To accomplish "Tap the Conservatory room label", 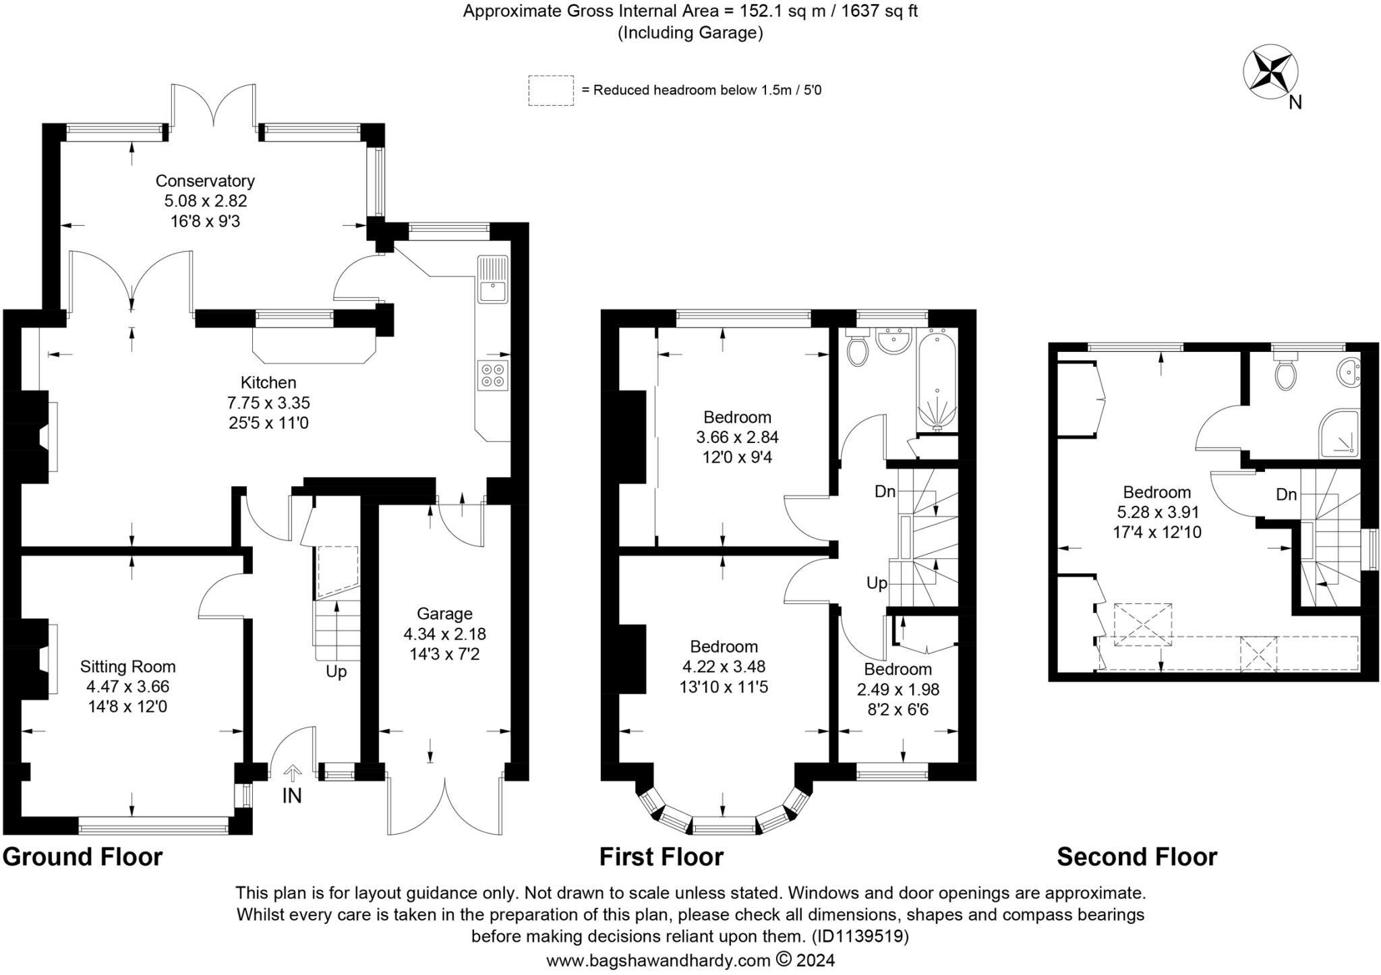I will pyautogui.click(x=205, y=181).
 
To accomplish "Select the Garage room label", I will pyautogui.click(x=444, y=614).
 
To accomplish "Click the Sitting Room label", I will pyautogui.click(x=127, y=667).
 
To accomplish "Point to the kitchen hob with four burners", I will pyautogui.click(x=493, y=376).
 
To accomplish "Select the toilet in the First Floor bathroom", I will pyautogui.click(x=858, y=349).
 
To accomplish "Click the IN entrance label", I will pyautogui.click(x=292, y=796).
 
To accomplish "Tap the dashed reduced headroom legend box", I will pyautogui.click(x=551, y=90).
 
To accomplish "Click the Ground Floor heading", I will pyautogui.click(x=83, y=857).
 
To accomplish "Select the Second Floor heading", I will pyautogui.click(x=1137, y=857).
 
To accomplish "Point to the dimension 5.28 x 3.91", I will pyautogui.click(x=1156, y=512).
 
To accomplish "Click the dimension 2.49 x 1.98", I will pyautogui.click(x=898, y=689).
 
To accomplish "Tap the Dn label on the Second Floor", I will pyautogui.click(x=1287, y=494).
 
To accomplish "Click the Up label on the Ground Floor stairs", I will pyautogui.click(x=336, y=672).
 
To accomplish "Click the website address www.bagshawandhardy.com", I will pyautogui.click(x=658, y=960).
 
